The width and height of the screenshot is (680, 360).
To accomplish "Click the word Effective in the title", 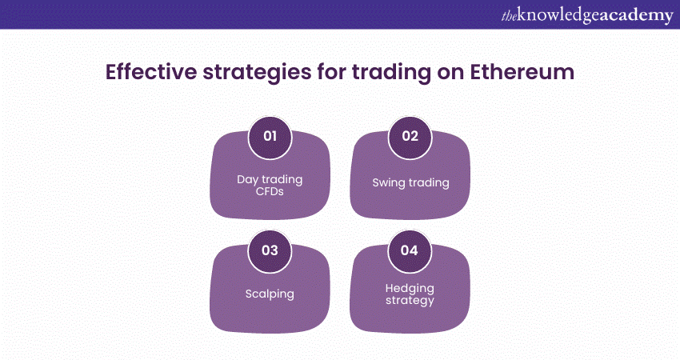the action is pyautogui.click(x=151, y=72).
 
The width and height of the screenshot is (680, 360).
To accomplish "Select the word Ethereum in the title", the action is pyautogui.click(x=522, y=72).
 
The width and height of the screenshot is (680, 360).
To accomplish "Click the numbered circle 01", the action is pyautogui.click(x=270, y=137).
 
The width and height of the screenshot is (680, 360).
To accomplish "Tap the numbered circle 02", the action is pyautogui.click(x=410, y=137).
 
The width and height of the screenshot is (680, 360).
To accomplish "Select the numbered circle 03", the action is pyautogui.click(x=270, y=251).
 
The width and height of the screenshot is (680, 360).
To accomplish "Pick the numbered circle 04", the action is pyautogui.click(x=410, y=251).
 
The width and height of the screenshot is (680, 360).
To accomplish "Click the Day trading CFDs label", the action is pyautogui.click(x=270, y=186).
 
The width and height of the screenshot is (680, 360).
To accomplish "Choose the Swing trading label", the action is pyautogui.click(x=410, y=183).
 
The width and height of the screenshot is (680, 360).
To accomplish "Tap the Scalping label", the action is pyautogui.click(x=270, y=294).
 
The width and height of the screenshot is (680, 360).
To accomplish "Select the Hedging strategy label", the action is pyautogui.click(x=410, y=295).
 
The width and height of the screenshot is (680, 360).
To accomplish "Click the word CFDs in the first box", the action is pyautogui.click(x=270, y=192).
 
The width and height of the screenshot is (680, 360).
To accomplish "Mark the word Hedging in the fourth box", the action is pyautogui.click(x=410, y=289).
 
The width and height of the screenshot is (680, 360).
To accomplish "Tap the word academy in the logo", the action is pyautogui.click(x=635, y=17).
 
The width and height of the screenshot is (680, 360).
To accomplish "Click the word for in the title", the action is pyautogui.click(x=332, y=72).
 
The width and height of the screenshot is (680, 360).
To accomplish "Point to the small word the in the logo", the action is pyautogui.click(x=509, y=17).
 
